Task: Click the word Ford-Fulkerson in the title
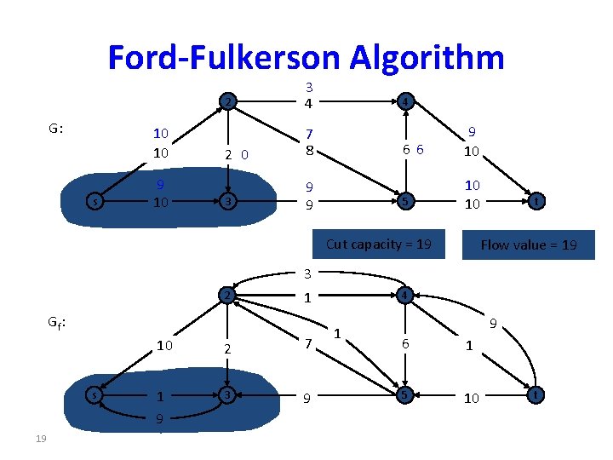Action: (223, 57)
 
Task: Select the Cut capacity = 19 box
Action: (379, 244)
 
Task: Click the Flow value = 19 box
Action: (528, 245)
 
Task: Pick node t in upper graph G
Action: (533, 202)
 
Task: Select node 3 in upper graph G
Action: (226, 202)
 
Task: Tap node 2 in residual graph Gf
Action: (226, 296)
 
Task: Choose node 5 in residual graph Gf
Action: (406, 395)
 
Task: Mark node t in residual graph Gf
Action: (533, 395)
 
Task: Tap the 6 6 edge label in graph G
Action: (414, 150)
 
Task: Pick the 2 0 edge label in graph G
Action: (235, 155)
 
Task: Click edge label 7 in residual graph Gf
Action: (309, 342)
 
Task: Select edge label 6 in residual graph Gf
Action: (405, 342)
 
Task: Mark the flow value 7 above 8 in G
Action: (309, 135)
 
